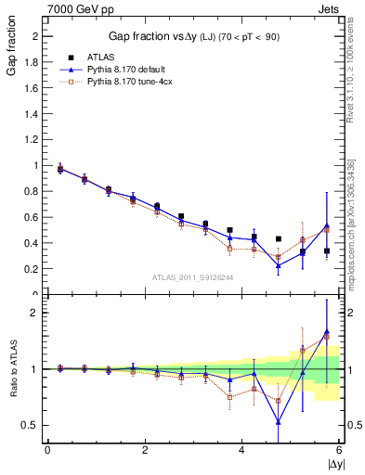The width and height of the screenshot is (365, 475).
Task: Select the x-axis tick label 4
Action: point(241,450)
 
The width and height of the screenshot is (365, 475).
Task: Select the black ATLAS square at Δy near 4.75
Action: point(278,238)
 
